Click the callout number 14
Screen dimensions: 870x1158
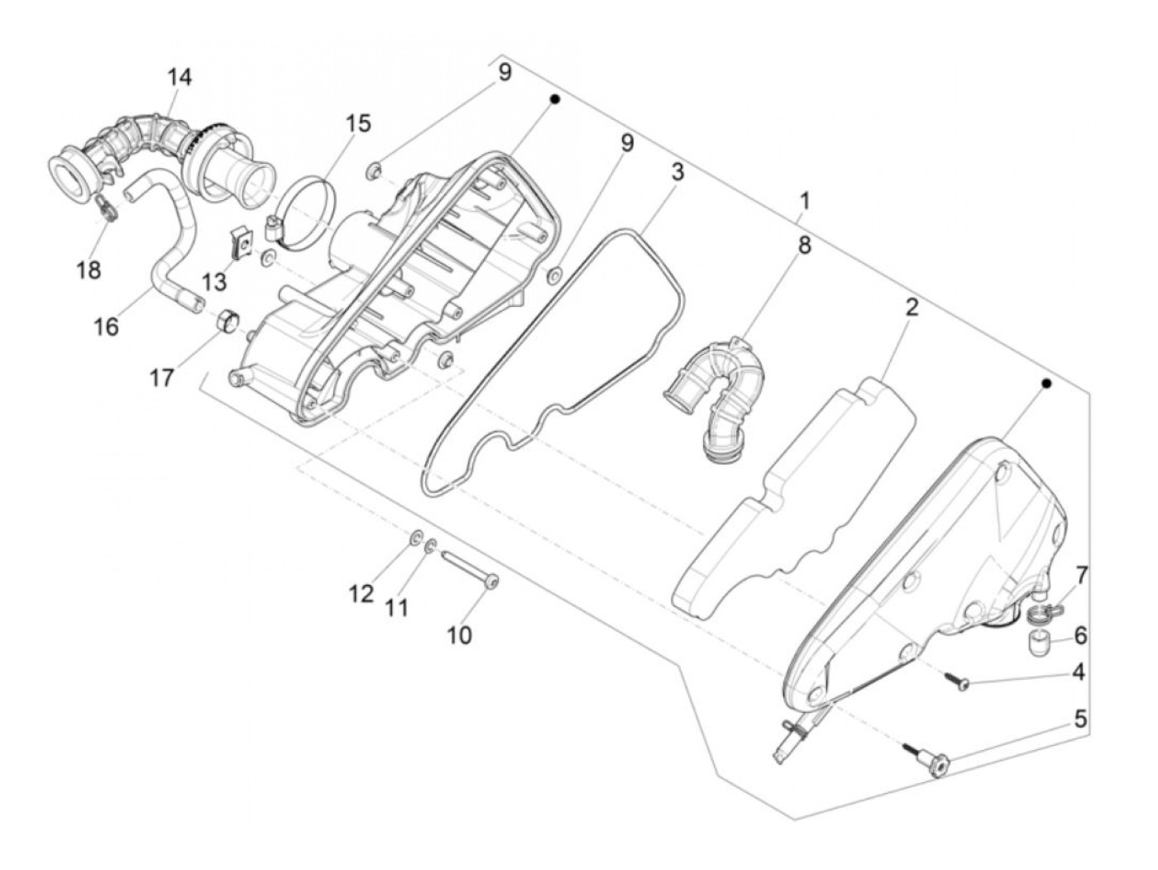(179, 78)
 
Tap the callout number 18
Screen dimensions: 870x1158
(89, 270)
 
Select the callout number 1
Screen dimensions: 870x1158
(804, 201)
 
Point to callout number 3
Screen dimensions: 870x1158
(677, 173)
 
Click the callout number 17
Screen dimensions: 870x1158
(162, 378)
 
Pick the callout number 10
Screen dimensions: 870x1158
(459, 634)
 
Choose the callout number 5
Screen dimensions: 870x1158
(1080, 719)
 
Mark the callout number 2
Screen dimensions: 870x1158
(912, 308)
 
